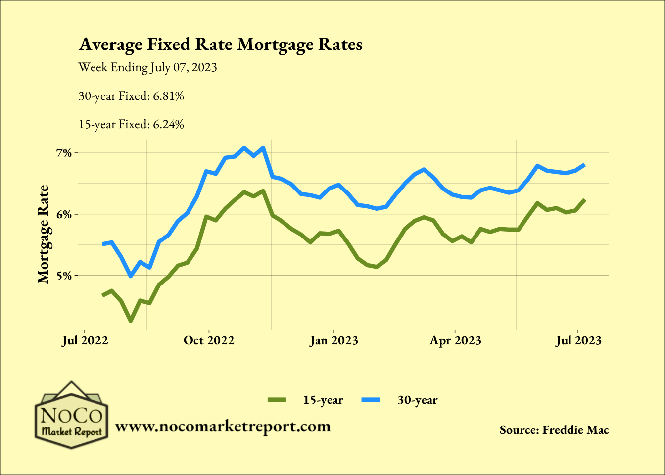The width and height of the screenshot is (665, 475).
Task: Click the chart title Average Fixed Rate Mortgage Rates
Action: pos(221,45)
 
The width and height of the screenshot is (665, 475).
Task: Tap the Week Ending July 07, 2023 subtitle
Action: pos(147,67)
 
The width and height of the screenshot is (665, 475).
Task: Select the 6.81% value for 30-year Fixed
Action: pos(168,96)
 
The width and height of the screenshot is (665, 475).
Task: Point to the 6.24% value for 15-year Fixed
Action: pos(168,124)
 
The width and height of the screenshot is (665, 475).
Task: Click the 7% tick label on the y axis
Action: pos(64,153)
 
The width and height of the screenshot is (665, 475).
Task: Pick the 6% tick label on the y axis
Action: pos(64,214)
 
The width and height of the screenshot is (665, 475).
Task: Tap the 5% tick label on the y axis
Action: pos(64,276)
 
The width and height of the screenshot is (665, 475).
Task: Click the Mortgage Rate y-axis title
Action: pos(44,234)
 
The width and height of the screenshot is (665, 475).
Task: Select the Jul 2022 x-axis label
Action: pos(85,340)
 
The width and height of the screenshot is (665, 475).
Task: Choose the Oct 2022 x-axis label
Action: pos(209,340)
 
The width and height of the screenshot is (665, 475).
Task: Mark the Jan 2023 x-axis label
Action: pos(333,340)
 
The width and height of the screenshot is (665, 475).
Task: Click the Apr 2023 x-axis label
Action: pos(455,340)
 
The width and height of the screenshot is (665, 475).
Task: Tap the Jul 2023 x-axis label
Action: pos(578,340)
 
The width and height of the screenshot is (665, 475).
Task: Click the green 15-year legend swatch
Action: pos(277,400)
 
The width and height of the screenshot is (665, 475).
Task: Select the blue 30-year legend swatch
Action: pos(371,400)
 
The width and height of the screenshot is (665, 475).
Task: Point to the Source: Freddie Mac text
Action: pos(554,430)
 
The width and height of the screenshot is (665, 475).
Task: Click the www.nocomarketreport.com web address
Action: pos(223,427)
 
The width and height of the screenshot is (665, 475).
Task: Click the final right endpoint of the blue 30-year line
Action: pos(585,165)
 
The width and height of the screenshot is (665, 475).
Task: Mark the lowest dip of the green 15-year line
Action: pos(131,321)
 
